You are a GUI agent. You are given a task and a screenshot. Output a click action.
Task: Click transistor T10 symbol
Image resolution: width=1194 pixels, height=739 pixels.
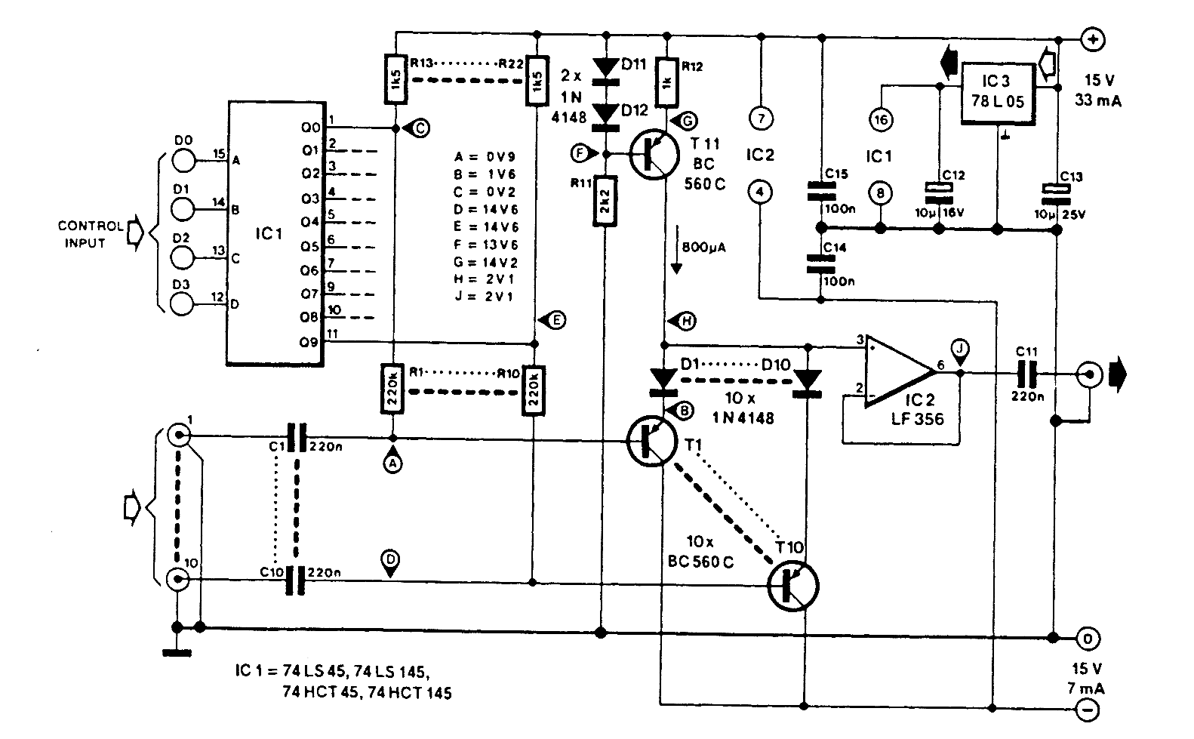click(x=792, y=586)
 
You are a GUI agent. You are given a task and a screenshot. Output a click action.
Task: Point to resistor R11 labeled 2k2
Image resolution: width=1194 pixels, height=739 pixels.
click(x=603, y=202)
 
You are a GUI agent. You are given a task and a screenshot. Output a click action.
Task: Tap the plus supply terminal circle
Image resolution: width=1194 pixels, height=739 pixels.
click(x=1092, y=39)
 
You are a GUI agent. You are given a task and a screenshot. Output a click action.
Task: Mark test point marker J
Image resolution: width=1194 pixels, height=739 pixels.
click(x=959, y=349)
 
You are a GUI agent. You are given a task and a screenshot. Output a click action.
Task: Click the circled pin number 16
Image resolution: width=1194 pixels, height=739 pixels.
click(x=880, y=119)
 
